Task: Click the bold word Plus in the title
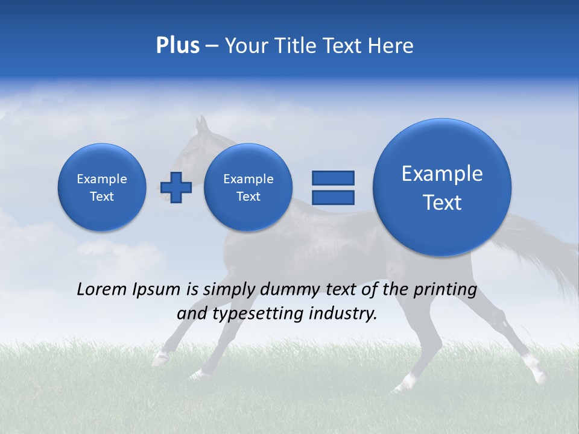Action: (177, 46)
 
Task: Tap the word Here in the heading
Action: (390, 46)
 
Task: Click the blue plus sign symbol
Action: (176, 187)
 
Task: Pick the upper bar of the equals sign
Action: (332, 178)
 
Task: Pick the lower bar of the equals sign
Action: (332, 197)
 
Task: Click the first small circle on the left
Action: (102, 187)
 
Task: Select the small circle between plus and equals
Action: (248, 187)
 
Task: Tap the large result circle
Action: (442, 187)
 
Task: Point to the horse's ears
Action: (201, 125)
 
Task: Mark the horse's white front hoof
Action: (160, 359)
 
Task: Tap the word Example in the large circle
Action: (442, 174)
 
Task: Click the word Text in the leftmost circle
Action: (102, 197)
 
